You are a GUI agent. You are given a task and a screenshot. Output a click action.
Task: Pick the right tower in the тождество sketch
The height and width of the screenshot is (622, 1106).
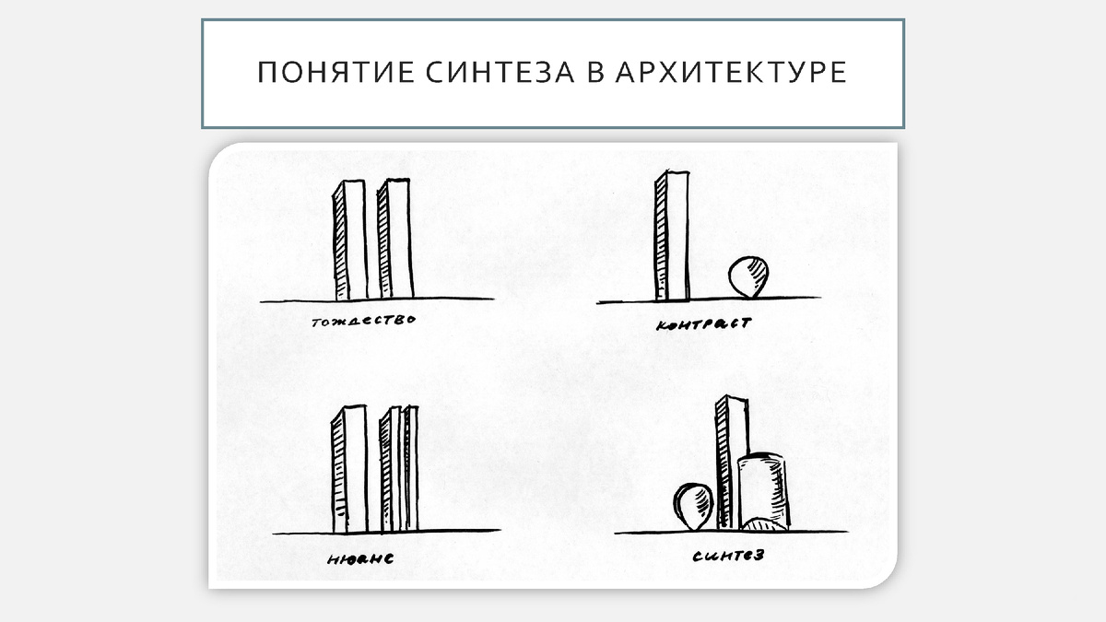pyautogui.click(x=395, y=240)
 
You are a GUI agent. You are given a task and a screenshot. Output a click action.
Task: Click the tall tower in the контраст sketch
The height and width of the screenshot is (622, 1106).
pyautogui.click(x=672, y=240)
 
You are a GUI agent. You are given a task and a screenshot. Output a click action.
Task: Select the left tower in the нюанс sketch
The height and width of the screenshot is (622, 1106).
pyautogui.click(x=349, y=470)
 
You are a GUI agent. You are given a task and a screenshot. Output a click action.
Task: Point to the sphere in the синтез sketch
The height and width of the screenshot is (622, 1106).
pyautogui.click(x=694, y=507)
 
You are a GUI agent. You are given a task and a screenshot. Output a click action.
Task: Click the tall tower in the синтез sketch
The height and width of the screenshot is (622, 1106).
pyautogui.click(x=730, y=461)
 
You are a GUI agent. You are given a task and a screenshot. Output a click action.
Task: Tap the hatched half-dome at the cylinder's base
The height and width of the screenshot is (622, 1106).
pyautogui.click(x=764, y=525)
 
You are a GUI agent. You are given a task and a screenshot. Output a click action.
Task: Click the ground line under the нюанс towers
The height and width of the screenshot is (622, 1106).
pyautogui.click(x=461, y=531)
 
